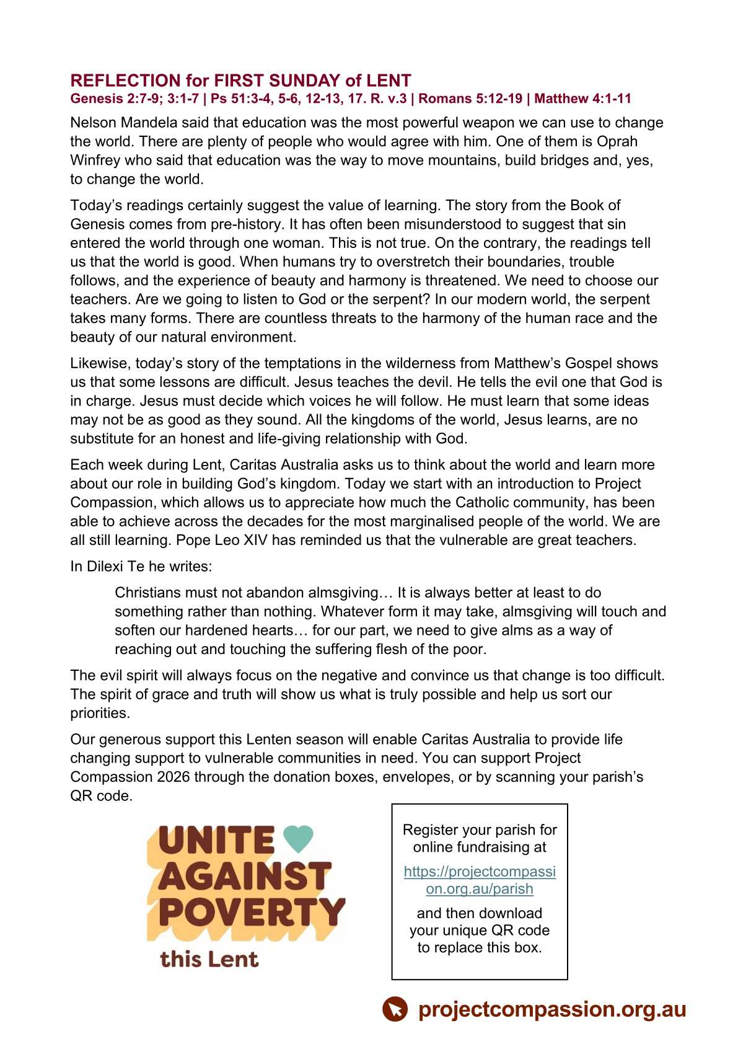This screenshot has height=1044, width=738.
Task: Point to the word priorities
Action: pos(100,713)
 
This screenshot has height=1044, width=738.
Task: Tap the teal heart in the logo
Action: pos(298,839)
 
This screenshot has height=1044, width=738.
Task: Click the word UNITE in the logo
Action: pos(216,841)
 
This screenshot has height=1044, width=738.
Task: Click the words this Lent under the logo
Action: pos(209,959)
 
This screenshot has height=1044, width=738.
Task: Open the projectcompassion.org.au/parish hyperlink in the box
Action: pos(480,880)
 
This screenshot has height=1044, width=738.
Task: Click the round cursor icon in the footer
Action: pos(395,1009)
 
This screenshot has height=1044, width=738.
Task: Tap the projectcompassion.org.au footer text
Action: pos(552,1009)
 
